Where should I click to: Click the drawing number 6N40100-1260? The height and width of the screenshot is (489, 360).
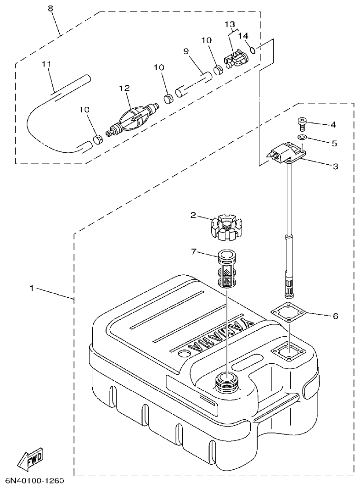(34, 481)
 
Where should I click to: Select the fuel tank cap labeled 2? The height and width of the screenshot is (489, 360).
(226, 228)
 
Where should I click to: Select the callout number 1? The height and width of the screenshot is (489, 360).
(31, 288)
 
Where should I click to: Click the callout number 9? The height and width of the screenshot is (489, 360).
(186, 52)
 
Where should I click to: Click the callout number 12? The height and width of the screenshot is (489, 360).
(124, 88)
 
